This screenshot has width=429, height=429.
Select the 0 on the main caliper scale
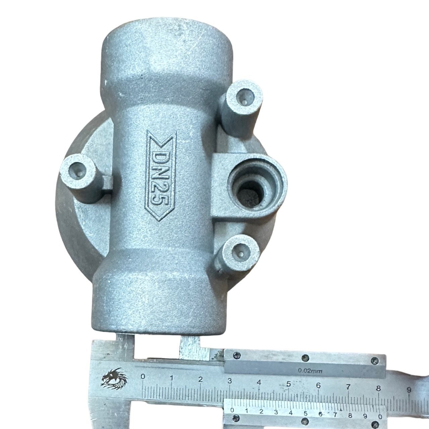pyautogui.click(x=143, y=377)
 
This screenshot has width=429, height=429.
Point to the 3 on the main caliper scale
pyautogui.click(x=230, y=380)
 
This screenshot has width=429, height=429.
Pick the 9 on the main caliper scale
pyautogui.click(x=409, y=389)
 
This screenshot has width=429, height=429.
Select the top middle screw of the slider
pyautogui.click(x=305, y=357)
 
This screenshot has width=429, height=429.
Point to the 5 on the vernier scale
pyautogui.click(x=305, y=413)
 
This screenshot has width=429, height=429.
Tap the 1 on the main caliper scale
pyautogui.click(x=172, y=378)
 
